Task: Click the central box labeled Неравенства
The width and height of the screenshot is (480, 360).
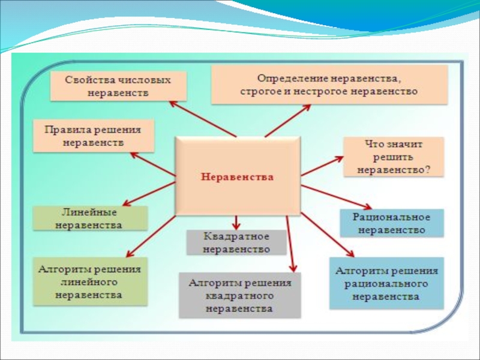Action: click(236, 176)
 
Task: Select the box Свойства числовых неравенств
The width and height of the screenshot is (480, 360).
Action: click(118, 86)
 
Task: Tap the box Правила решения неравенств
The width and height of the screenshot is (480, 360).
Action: click(94, 136)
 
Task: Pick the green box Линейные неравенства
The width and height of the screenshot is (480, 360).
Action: click(89, 218)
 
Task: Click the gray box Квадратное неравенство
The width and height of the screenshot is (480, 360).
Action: click(236, 242)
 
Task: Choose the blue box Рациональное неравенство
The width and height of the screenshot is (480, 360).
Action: click(392, 223)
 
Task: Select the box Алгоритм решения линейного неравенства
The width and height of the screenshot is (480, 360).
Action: click(89, 282)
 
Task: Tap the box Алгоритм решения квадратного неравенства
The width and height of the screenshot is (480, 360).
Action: click(239, 295)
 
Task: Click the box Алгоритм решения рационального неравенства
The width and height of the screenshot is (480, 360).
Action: click(387, 283)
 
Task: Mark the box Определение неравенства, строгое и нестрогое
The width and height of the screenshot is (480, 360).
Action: click(329, 85)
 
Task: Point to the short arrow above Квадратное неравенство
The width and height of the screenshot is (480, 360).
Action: click(236, 221)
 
